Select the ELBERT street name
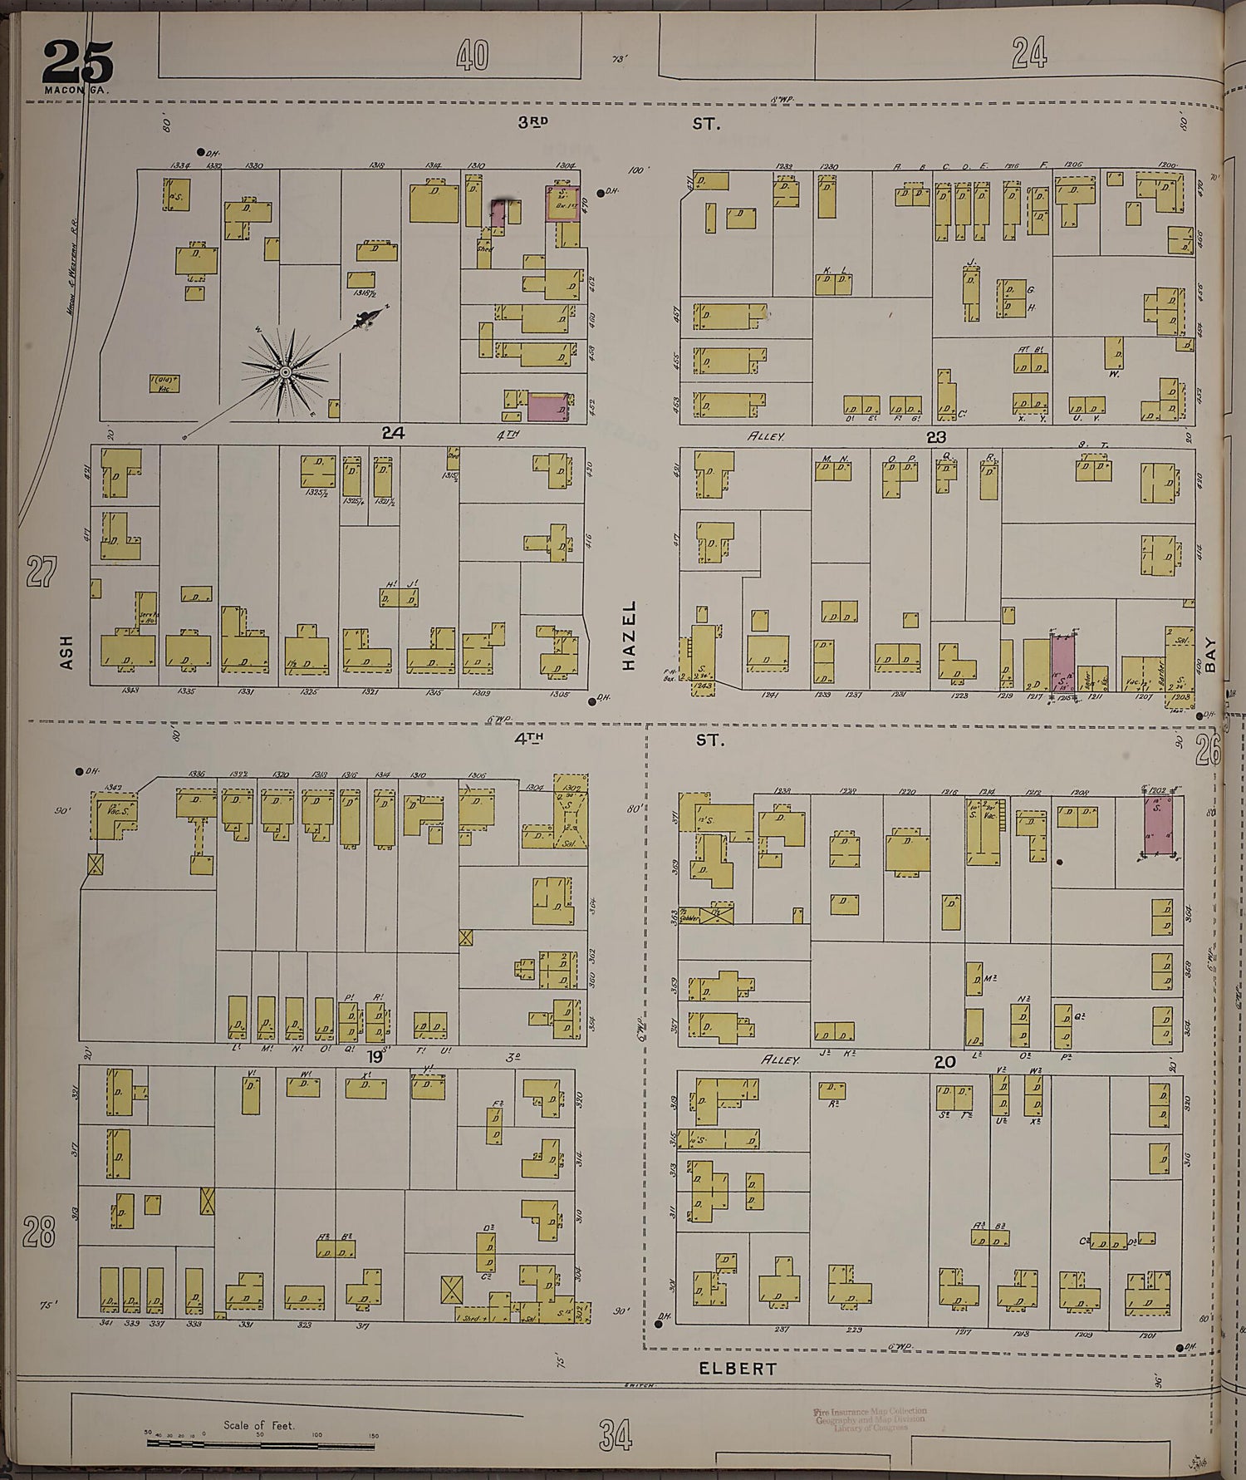click(738, 1369)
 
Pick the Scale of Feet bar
click(259, 1443)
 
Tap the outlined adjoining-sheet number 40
click(473, 56)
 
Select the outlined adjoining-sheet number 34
click(615, 1435)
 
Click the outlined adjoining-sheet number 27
click(41, 572)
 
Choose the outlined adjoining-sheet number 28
click(38, 1231)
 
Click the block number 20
click(944, 1061)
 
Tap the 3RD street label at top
click(533, 122)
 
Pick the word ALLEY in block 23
click(766, 435)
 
